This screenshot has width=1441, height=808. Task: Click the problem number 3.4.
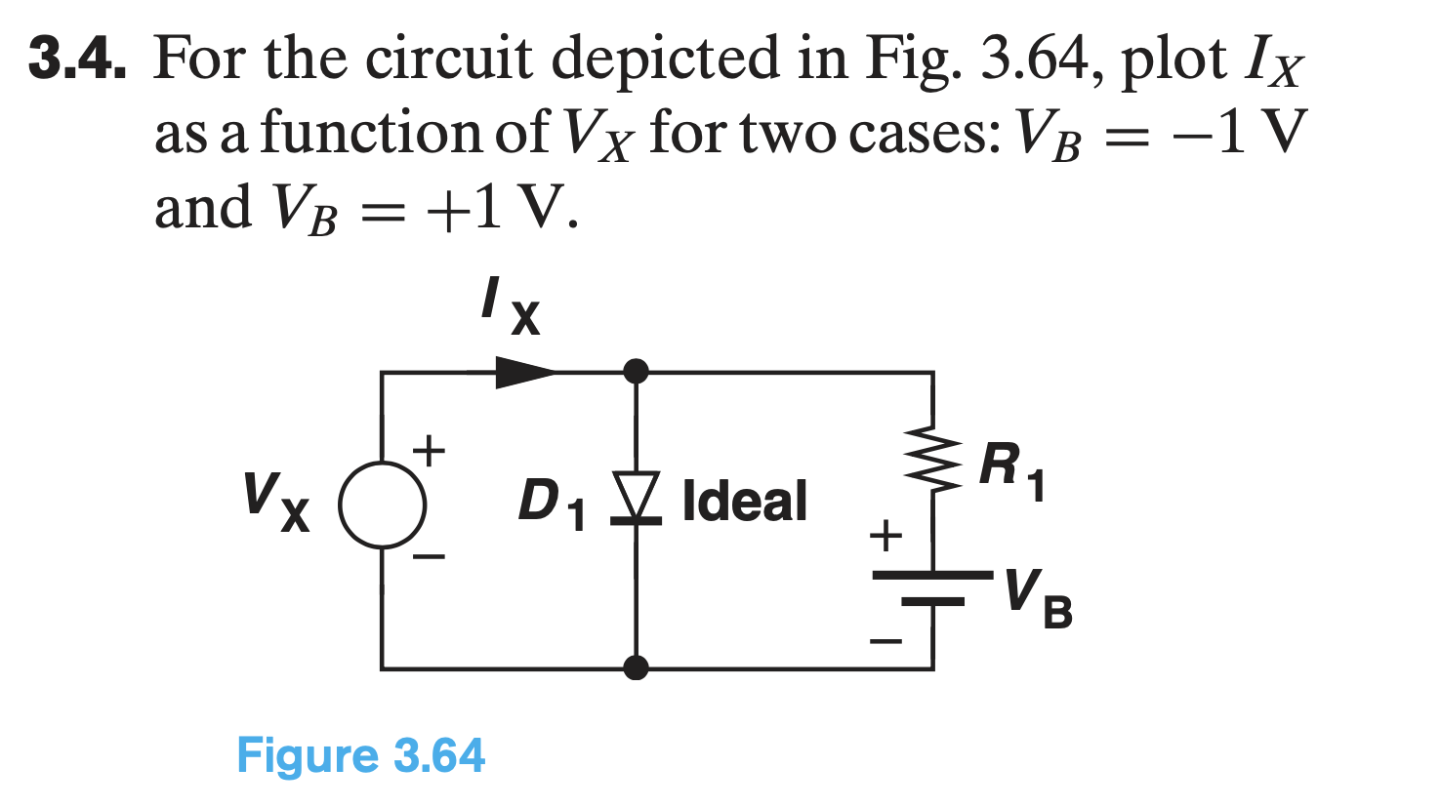click(x=77, y=59)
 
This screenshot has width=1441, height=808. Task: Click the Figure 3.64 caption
click(x=360, y=756)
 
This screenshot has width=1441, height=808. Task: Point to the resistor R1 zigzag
click(x=932, y=461)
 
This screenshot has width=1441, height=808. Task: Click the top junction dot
click(x=636, y=372)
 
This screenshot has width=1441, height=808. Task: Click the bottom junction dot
click(x=636, y=668)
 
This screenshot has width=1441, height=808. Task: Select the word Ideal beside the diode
click(x=745, y=501)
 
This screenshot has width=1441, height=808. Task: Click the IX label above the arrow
click(x=509, y=304)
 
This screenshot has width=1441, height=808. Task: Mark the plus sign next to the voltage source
click(x=429, y=451)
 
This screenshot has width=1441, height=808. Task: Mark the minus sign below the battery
click(x=886, y=642)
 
